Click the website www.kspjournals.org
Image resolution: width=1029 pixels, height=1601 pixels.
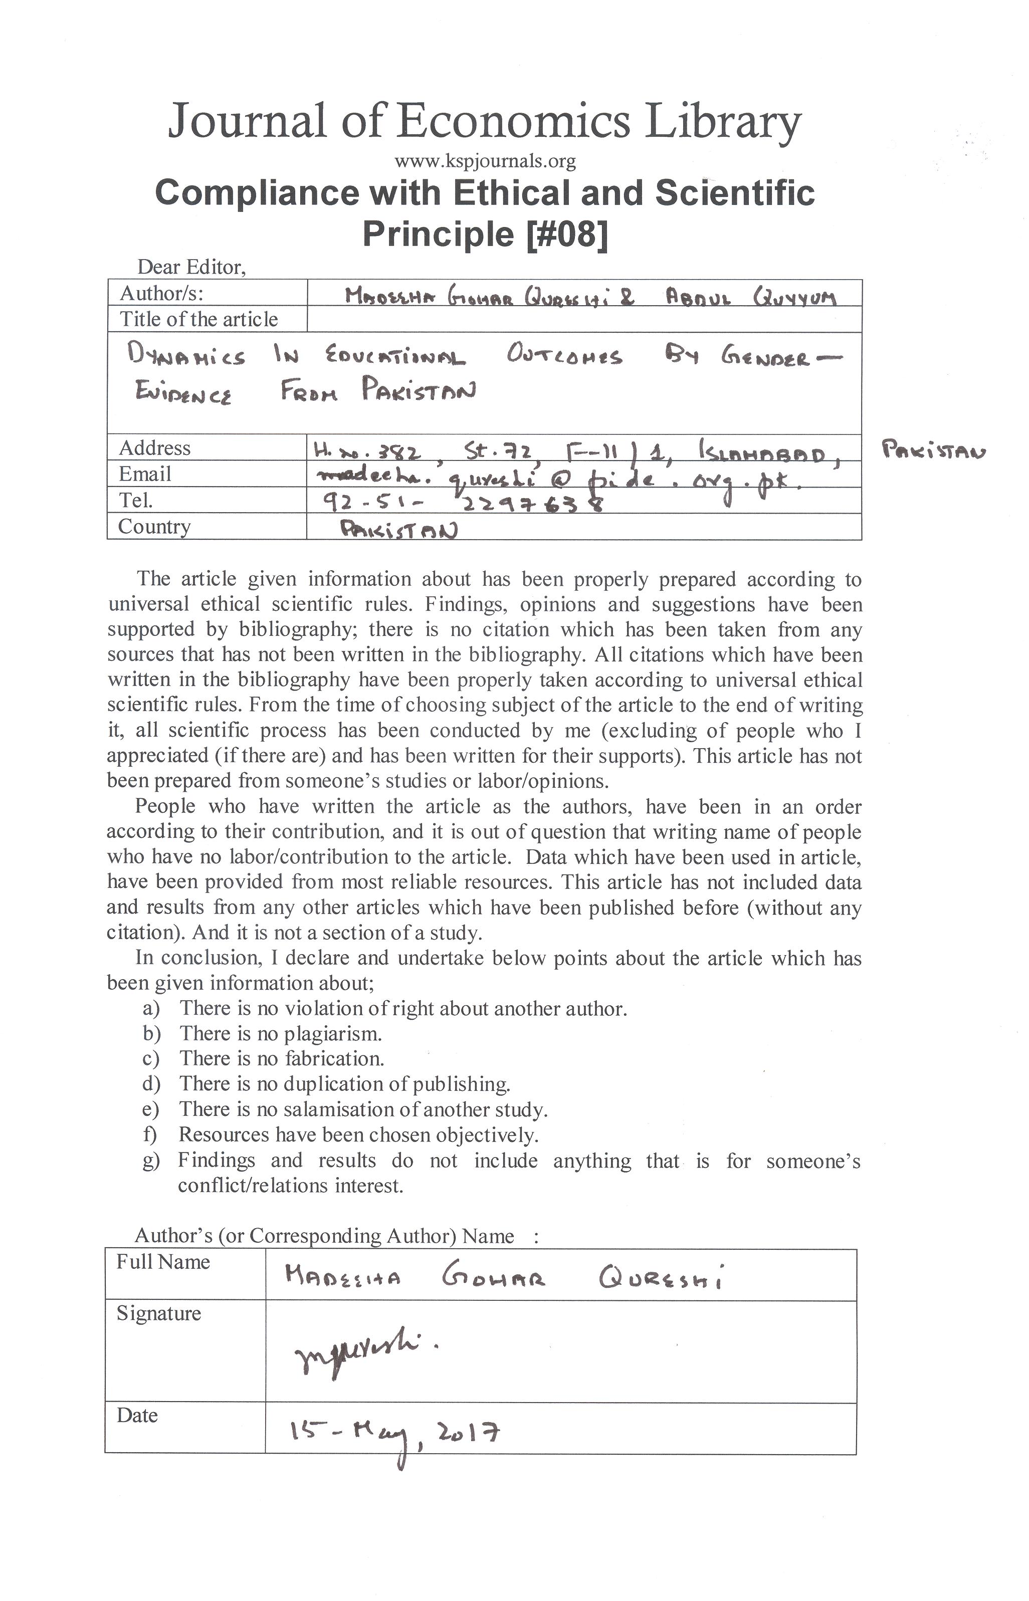pyautogui.click(x=485, y=161)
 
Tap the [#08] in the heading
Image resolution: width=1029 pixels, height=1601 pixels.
pyautogui.click(x=567, y=234)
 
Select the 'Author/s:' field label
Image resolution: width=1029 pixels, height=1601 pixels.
pyautogui.click(x=162, y=293)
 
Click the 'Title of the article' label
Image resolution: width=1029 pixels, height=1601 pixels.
pyautogui.click(x=198, y=319)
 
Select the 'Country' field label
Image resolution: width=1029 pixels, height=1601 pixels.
pyautogui.click(x=154, y=527)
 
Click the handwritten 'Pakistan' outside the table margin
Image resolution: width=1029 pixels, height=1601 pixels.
pyautogui.click(x=933, y=452)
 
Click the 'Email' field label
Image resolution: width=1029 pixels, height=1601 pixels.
pyautogui.click(x=145, y=474)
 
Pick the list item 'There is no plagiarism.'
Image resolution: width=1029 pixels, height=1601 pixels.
pyautogui.click(x=281, y=1034)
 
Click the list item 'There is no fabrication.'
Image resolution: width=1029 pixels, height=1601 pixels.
pyautogui.click(x=281, y=1059)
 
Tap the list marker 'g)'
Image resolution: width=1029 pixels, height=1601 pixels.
pyautogui.click(x=151, y=1161)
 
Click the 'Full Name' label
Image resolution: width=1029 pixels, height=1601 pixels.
pyautogui.click(x=163, y=1262)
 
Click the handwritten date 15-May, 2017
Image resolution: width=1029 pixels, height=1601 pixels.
pyautogui.click(x=394, y=1435)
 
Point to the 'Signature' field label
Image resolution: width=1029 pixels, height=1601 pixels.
pyautogui.click(x=158, y=1313)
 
